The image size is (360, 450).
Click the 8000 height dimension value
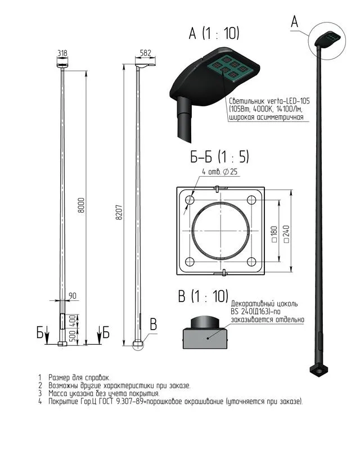82,205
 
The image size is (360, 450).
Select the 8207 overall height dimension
119,213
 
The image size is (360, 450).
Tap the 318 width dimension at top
62,53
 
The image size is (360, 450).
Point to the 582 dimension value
146,53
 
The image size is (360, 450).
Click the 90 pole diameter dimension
73,296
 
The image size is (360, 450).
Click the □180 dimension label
274,234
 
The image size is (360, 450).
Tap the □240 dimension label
286,234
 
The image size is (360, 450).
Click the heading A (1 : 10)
214,34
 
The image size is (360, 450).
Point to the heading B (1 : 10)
203,296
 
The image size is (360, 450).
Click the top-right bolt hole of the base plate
251,200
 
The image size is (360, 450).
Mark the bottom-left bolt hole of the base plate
190,262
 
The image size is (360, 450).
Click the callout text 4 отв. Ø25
220,172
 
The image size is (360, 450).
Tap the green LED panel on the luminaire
231,67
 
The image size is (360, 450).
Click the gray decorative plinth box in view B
205,339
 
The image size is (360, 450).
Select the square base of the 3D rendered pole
319,370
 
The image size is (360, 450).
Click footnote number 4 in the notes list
40,401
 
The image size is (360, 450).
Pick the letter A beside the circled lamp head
295,21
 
